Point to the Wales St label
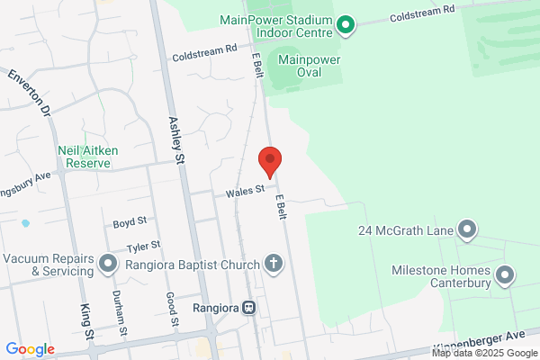point(244,189)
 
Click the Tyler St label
point(143,245)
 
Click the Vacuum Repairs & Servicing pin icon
point(109,264)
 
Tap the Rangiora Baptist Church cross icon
point(274,264)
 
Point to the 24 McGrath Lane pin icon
point(466,230)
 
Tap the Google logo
point(31,349)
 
